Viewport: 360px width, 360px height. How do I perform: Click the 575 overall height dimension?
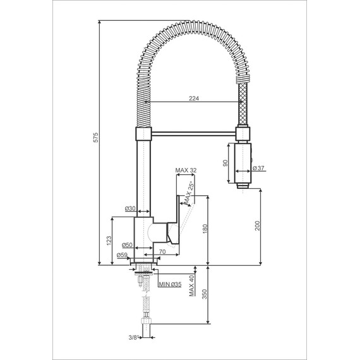click(x=95, y=140)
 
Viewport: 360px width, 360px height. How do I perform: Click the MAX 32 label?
click(x=187, y=171)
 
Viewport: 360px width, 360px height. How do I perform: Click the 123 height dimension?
click(x=108, y=241)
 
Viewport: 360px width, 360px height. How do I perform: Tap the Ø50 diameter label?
click(x=127, y=244)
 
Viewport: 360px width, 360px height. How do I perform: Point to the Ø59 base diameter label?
click(x=123, y=255)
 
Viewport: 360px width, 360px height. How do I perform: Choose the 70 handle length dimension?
click(x=162, y=252)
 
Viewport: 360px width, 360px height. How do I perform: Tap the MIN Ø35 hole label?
click(x=170, y=285)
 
